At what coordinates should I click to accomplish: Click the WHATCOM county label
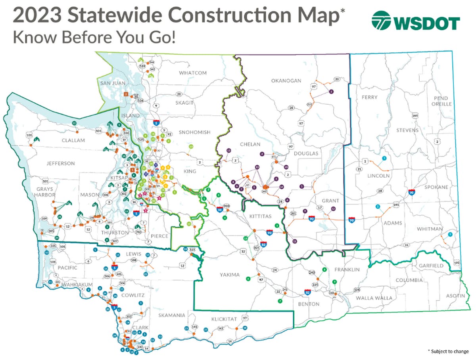click(x=193, y=73)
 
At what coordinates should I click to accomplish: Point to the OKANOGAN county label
click(x=286, y=81)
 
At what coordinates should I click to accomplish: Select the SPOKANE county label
click(x=436, y=187)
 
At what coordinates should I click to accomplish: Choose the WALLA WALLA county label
click(x=374, y=298)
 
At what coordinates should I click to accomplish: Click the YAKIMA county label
click(x=230, y=275)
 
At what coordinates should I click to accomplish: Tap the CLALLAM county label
click(x=73, y=140)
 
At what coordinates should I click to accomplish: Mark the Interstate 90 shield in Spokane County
click(x=412, y=193)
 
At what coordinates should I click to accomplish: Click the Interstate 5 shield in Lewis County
click(x=114, y=268)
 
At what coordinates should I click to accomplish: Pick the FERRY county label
click(x=369, y=97)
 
